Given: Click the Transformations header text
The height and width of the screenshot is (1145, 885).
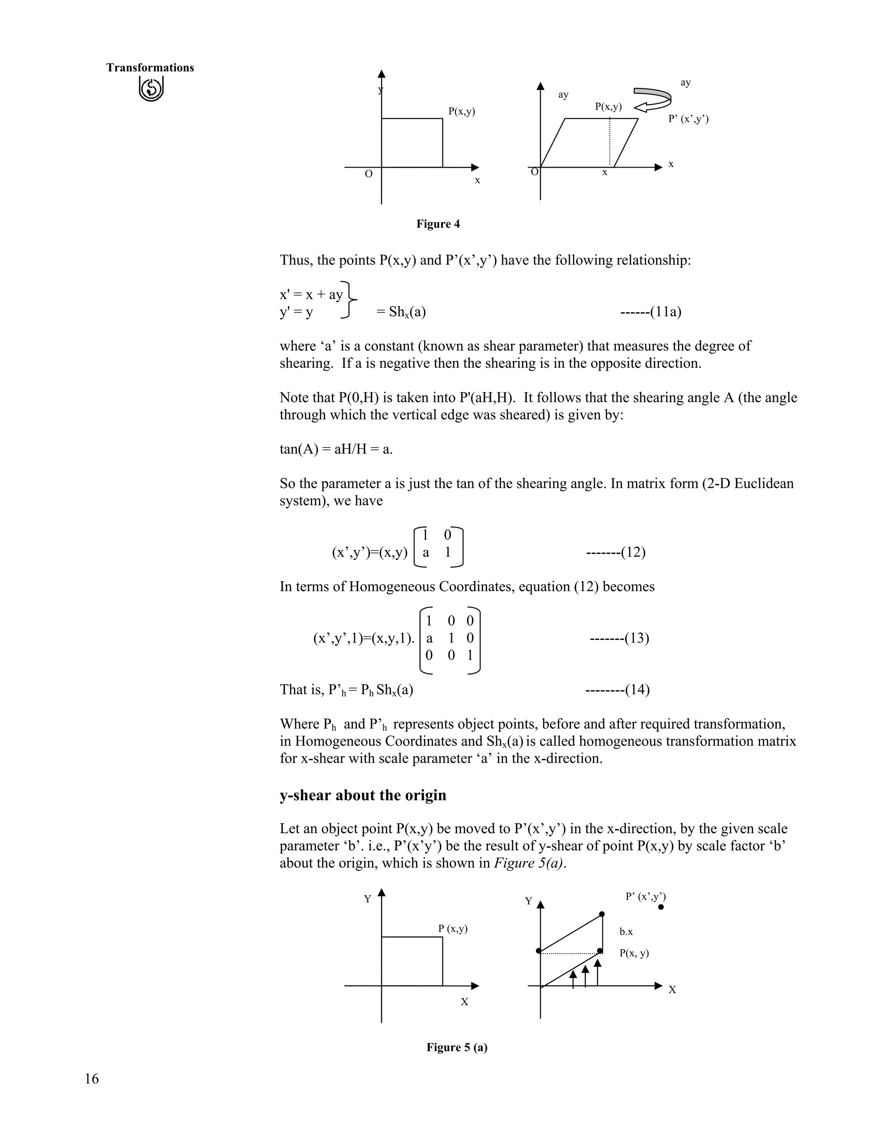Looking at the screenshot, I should click(x=150, y=68).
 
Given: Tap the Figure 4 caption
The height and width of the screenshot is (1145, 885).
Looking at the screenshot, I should click(x=438, y=224).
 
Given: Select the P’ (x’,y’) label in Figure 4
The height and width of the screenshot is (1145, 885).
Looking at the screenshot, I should click(x=688, y=119).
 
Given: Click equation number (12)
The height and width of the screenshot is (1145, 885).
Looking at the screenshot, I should click(x=615, y=553).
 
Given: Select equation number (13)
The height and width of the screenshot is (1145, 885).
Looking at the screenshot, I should click(x=619, y=639).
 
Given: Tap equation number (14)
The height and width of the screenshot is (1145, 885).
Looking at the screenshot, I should click(x=617, y=690).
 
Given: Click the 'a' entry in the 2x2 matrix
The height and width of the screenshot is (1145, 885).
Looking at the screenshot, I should click(x=426, y=553).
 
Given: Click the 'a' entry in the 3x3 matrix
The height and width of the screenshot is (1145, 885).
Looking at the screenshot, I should click(x=430, y=639).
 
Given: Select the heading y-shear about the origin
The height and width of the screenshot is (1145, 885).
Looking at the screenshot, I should click(x=363, y=795).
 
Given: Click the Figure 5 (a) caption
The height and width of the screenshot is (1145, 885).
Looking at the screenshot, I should click(x=457, y=1047).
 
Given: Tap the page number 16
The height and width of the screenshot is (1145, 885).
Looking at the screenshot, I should click(x=91, y=1078).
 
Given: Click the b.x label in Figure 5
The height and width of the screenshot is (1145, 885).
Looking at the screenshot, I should click(x=626, y=932).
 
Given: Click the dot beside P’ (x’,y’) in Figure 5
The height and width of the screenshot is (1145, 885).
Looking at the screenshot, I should click(x=661, y=907).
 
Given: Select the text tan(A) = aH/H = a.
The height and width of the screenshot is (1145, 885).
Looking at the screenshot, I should click(x=336, y=449).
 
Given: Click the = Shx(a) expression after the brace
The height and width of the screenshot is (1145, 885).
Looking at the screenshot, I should click(x=401, y=312).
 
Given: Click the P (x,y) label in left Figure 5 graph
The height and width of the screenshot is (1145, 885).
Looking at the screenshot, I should click(x=452, y=929).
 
